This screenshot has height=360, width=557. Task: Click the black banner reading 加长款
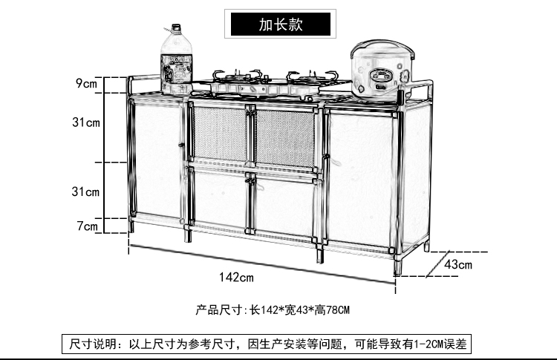point(278,24)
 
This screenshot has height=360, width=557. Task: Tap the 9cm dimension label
point(86,83)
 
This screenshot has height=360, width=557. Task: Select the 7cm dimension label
point(88,226)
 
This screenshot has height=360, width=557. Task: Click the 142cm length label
point(236,277)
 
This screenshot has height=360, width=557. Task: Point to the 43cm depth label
point(458,264)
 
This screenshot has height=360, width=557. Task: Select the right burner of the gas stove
point(304,79)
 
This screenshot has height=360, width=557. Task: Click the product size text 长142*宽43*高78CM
point(272,309)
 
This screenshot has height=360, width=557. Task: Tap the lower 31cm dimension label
point(86,192)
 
